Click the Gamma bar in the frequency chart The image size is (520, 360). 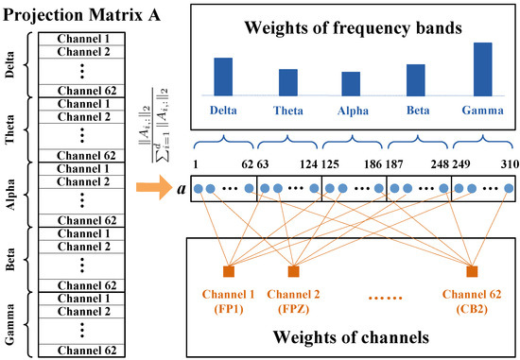coord(481,69)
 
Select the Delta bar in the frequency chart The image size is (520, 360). coord(223,77)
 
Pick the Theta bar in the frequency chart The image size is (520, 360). coord(287,82)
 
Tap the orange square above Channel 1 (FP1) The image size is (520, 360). coord(228,272)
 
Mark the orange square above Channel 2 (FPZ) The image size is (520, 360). coord(294,272)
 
